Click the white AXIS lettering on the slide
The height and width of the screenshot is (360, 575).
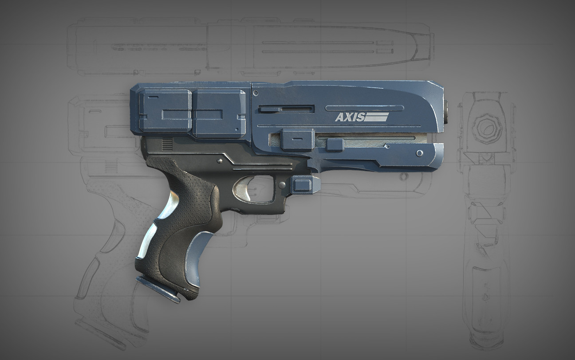pos(350,117)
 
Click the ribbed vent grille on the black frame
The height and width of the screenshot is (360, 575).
pos(167,144)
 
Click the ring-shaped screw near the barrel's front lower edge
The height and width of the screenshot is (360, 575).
pos(419,153)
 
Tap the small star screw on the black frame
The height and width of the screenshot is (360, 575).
pos(219,160)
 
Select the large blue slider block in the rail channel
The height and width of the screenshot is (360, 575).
pos(298,139)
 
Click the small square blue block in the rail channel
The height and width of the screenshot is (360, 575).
pos(335,145)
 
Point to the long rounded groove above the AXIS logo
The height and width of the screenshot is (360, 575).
pos(364,108)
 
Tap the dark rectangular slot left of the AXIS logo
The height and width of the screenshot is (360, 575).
pos(287,109)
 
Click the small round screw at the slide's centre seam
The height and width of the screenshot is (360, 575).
pos(256,93)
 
